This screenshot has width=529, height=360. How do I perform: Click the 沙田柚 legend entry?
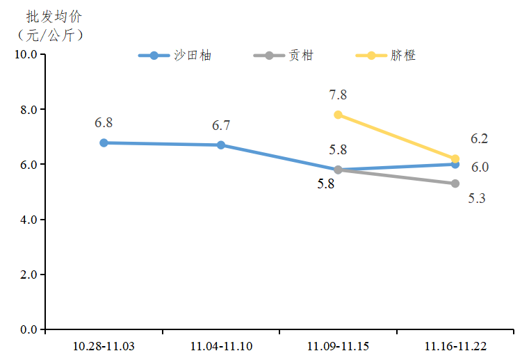coord(174,56)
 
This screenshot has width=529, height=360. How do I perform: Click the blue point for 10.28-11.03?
coord(104,142)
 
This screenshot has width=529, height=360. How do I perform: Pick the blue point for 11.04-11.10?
coord(221,145)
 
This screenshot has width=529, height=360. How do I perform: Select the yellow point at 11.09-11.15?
coord(338,115)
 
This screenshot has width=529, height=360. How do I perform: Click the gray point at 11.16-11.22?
coord(455,183)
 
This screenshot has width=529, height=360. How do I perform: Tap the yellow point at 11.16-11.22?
coord(455,158)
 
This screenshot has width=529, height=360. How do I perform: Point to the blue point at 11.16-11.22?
coord(455,165)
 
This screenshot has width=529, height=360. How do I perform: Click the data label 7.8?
coord(339,95)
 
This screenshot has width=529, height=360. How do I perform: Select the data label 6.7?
coord(221,126)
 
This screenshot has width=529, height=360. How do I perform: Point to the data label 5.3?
coord(477,198)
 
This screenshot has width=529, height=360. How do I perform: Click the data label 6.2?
coord(480,138)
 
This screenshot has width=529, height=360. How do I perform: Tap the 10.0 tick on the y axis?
coord(26,54)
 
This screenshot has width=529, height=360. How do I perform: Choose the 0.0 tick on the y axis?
coord(29,329)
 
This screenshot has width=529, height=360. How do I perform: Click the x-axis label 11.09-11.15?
coord(338,345)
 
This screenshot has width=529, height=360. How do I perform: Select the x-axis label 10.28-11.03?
coord(104,345)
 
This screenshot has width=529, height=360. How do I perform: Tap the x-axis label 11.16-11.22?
coord(455,345)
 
